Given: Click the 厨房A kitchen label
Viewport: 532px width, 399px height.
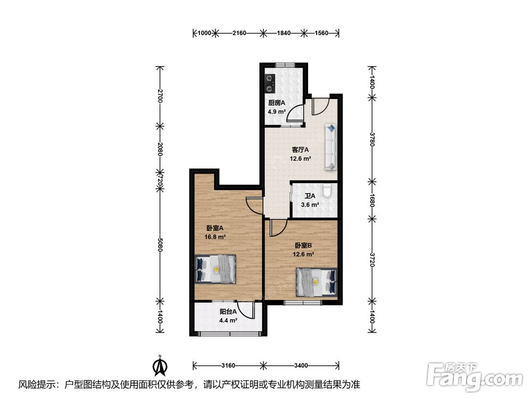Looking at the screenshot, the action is click(x=277, y=103).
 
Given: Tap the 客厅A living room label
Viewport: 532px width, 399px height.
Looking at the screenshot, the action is click(x=300, y=149).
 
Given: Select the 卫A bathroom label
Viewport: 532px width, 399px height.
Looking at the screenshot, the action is click(x=310, y=196).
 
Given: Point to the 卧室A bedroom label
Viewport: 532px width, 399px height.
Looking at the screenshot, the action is click(x=215, y=228).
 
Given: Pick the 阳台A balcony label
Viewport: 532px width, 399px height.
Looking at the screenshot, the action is click(x=228, y=311).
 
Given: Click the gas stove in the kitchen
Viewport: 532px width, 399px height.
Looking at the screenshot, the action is click(x=269, y=84).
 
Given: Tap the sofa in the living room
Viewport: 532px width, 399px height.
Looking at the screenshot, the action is click(x=331, y=147).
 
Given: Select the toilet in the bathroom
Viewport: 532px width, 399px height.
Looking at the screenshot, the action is click(x=327, y=191).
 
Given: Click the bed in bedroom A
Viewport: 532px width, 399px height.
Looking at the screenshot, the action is click(x=215, y=269).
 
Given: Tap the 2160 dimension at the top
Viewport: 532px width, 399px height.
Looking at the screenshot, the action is click(x=239, y=33).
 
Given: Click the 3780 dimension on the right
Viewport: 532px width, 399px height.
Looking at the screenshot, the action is click(x=372, y=139).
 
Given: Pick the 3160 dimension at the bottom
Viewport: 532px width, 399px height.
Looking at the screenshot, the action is click(x=228, y=365).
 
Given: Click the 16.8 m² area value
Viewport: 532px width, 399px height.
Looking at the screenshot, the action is click(x=215, y=237).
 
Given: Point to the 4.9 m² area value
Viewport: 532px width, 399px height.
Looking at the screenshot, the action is click(x=277, y=112).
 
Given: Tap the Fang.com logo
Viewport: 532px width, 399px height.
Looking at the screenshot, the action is click(x=475, y=376).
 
